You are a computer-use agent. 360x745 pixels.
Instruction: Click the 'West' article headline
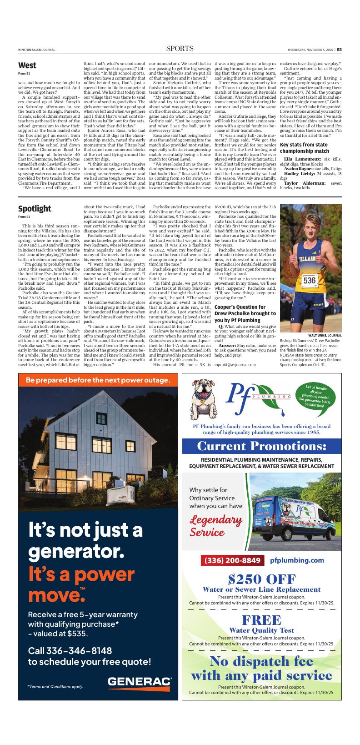27,65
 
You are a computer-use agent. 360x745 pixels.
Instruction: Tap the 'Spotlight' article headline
35,209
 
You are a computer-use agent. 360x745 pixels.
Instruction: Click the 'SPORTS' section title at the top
180,49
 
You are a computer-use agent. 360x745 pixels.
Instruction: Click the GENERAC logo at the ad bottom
140,681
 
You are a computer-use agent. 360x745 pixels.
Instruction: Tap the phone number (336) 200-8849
232,560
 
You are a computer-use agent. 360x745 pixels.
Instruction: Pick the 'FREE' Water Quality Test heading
262,620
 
